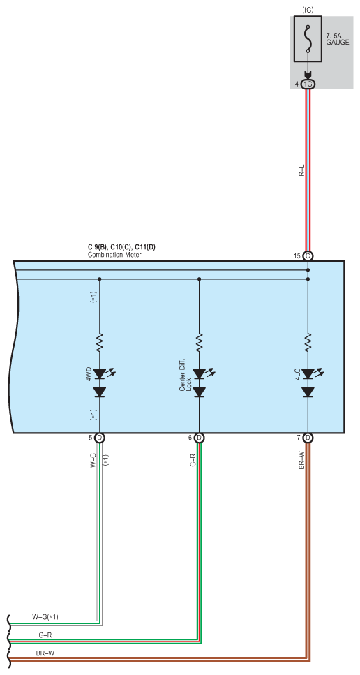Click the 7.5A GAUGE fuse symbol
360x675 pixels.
click(308, 39)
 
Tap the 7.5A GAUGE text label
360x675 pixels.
click(337, 39)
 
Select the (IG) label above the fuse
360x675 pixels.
click(308, 9)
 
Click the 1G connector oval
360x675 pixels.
click(308, 84)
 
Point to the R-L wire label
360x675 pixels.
click(302, 171)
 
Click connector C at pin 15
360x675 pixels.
click(308, 256)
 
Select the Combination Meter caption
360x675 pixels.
click(114, 255)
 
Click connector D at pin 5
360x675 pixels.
click(99, 438)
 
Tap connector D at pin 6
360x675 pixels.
click(199, 438)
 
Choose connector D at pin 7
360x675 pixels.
click(308, 438)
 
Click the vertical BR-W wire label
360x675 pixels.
click(301, 460)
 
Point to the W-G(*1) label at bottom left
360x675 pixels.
click(45, 617)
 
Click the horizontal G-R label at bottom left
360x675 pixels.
click(45, 635)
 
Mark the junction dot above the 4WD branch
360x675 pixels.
click(99, 279)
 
